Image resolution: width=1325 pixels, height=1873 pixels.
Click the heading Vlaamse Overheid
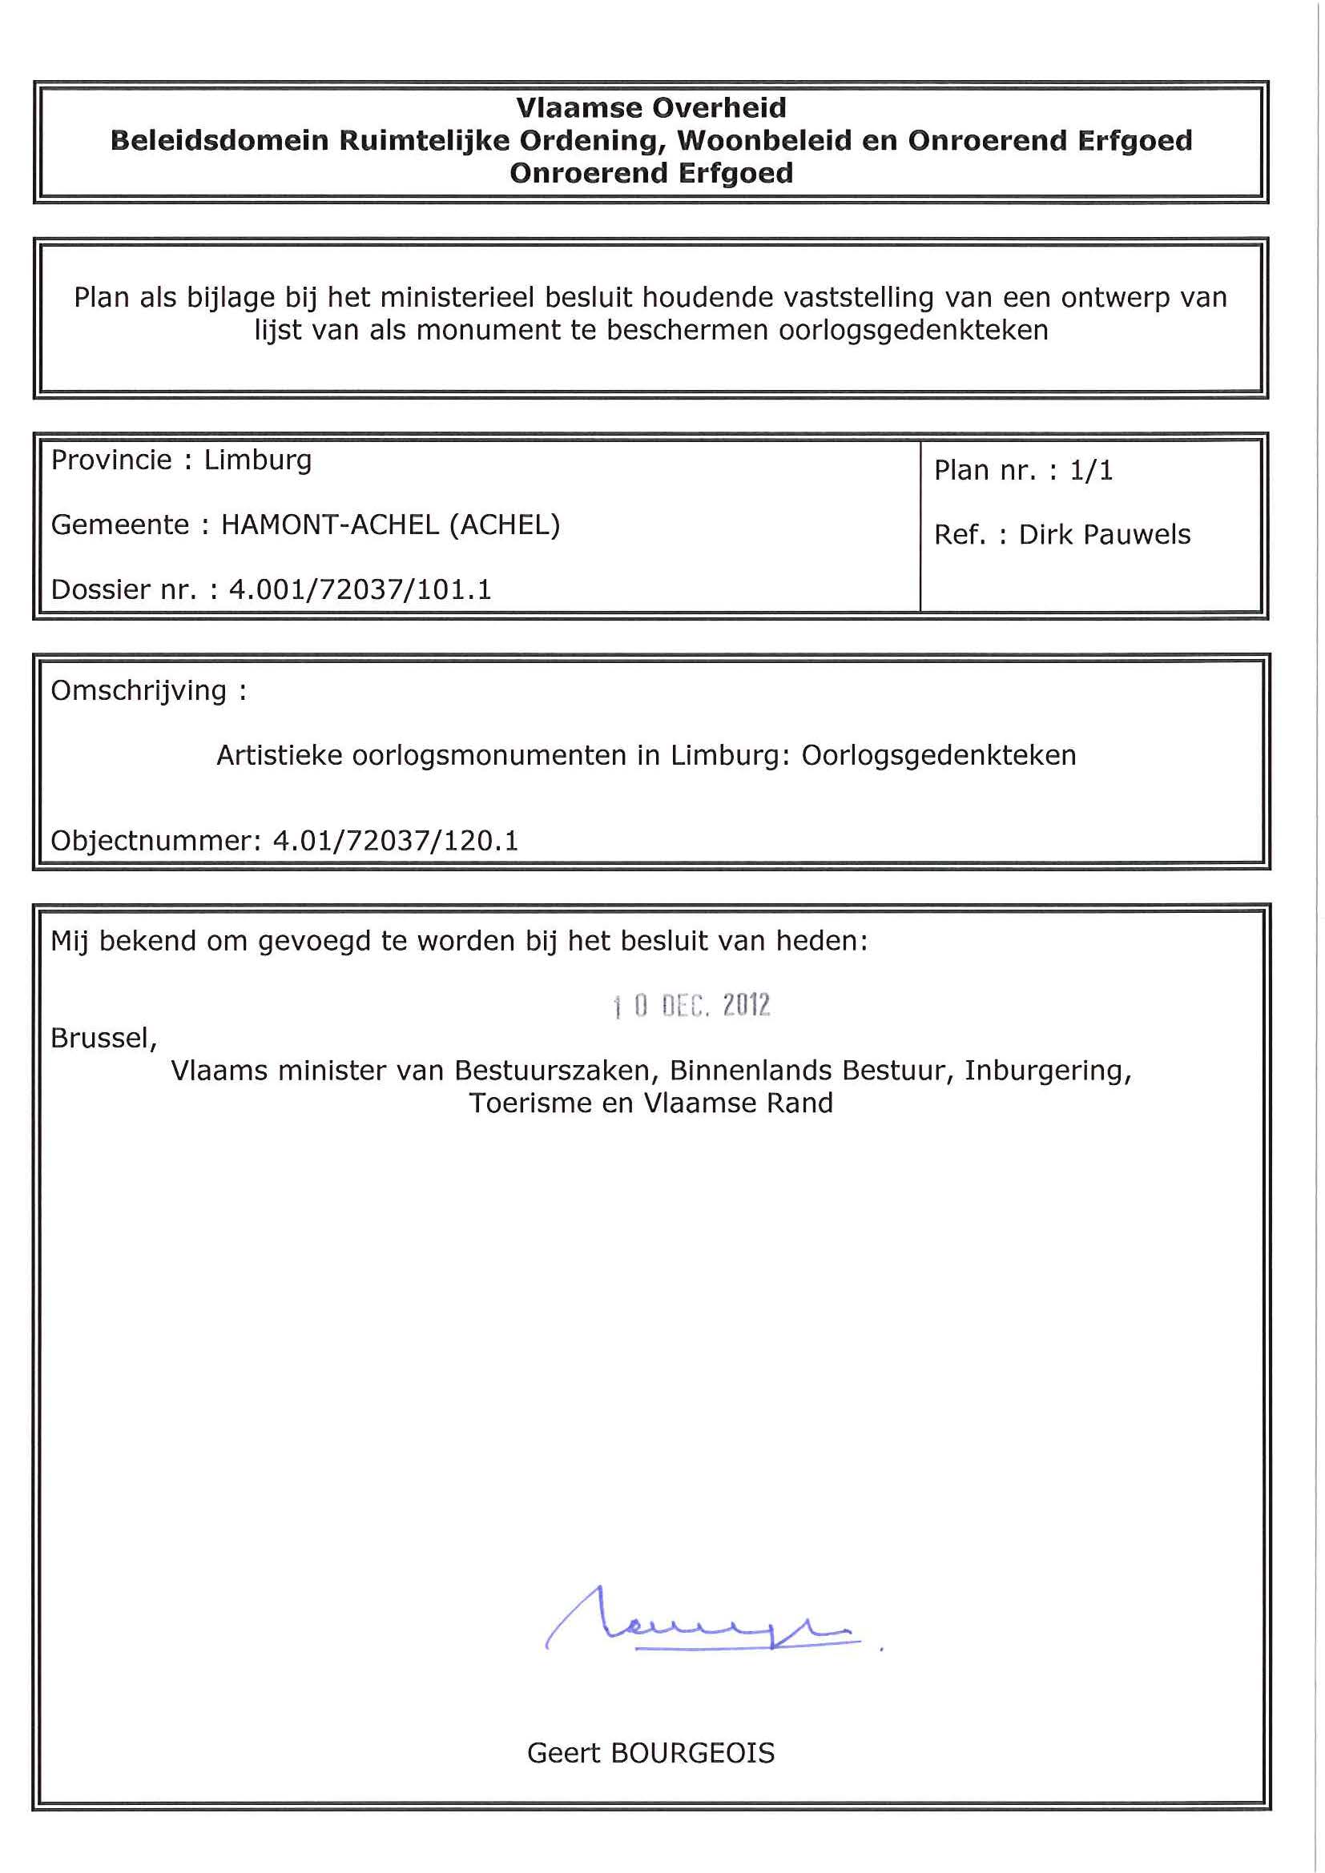(x=651, y=107)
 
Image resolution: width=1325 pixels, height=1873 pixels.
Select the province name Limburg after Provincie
(x=258, y=461)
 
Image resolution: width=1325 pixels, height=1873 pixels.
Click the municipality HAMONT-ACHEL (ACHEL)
(x=391, y=525)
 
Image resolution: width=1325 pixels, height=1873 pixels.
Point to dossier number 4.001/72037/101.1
(x=360, y=589)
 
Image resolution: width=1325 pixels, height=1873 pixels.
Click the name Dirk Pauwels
(x=1105, y=534)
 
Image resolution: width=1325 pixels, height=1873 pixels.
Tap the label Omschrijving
(x=139, y=691)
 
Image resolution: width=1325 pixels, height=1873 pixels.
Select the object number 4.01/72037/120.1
(x=396, y=840)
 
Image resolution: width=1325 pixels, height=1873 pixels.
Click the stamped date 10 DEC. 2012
(x=692, y=1005)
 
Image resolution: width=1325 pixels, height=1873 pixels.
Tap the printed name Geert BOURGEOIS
(x=651, y=1752)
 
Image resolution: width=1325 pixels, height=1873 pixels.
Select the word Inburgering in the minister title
(x=1048, y=1071)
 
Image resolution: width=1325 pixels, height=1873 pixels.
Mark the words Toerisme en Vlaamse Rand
(x=651, y=1103)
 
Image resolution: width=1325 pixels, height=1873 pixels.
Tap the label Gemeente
(x=121, y=525)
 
